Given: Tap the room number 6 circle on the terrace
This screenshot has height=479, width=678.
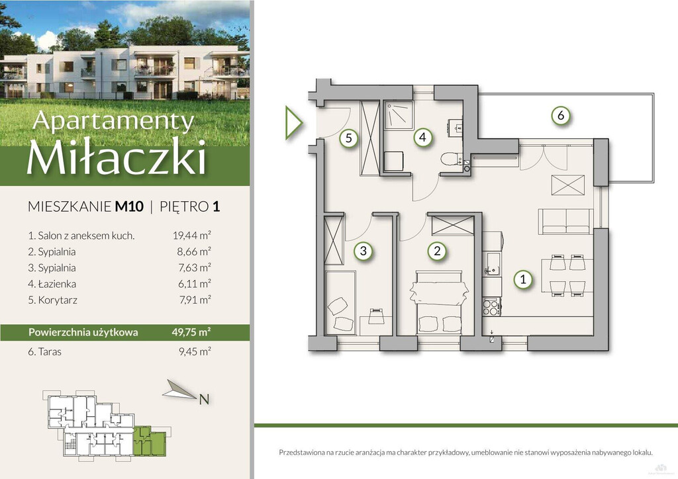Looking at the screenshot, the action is pyautogui.click(x=561, y=115).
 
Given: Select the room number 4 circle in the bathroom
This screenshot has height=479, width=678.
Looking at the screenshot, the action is pyautogui.click(x=422, y=138).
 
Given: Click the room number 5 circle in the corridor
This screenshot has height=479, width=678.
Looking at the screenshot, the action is pyautogui.click(x=349, y=139).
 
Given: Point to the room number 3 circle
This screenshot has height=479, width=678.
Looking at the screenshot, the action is pyautogui.click(x=363, y=251).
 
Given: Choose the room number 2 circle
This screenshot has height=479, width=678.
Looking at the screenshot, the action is pyautogui.click(x=437, y=251).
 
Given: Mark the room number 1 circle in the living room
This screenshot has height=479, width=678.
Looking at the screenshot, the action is pyautogui.click(x=523, y=279).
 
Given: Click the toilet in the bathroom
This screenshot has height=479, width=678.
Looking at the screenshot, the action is pyautogui.click(x=451, y=159).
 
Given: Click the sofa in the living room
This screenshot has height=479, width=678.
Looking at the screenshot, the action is pyautogui.click(x=565, y=222).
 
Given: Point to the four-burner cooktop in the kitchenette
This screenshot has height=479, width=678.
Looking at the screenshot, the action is pyautogui.click(x=491, y=307).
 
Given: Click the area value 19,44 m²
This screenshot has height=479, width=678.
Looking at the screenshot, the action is pyautogui.click(x=191, y=236).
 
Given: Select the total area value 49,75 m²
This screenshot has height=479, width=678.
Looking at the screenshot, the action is pyautogui.click(x=191, y=332).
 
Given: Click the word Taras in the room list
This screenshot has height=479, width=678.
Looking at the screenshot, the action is pyautogui.click(x=50, y=351).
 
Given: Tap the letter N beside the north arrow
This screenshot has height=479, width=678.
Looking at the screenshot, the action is pyautogui.click(x=204, y=400).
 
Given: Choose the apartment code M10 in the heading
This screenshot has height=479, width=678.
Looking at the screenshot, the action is pyautogui.click(x=129, y=206).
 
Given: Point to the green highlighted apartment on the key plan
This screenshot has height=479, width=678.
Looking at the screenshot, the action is pyautogui.click(x=150, y=441).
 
